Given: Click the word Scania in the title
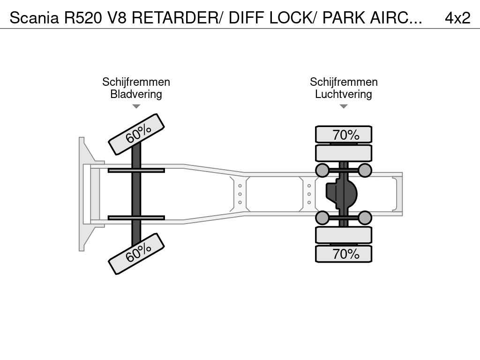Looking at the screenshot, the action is click(34, 18).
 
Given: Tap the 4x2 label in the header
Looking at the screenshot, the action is click(457, 18).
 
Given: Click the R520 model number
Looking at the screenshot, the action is click(82, 18).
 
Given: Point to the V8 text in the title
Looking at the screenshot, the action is click(117, 18).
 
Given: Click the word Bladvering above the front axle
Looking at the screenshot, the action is click(136, 94).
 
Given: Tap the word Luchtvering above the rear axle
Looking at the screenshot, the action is click(344, 94).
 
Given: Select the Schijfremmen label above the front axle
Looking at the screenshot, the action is click(136, 82).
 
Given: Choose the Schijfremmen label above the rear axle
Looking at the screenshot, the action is click(344, 82).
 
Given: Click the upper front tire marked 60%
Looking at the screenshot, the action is click(136, 134).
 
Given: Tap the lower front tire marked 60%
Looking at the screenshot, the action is click(136, 254).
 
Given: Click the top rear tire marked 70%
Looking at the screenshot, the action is click(344, 135).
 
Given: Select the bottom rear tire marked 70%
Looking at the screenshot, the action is click(344, 254).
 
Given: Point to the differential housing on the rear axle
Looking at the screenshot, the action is click(341, 194).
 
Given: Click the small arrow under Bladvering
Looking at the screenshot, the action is click(136, 106).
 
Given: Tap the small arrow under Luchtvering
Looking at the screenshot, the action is click(344, 106).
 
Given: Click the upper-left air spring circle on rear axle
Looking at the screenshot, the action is click(322, 170).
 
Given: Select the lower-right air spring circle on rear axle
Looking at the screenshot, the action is click(365, 218).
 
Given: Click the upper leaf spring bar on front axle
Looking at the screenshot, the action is click(136, 171).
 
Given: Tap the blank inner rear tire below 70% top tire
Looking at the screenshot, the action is click(344, 153).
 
